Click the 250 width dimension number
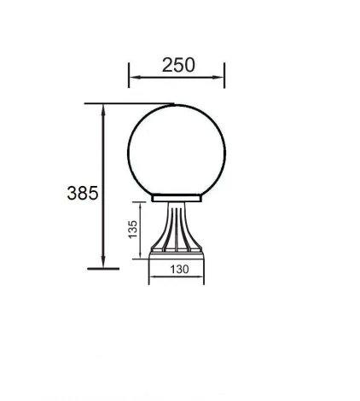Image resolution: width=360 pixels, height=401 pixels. [177, 65]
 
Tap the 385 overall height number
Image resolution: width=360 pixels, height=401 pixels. [82, 193]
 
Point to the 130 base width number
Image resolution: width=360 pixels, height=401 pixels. [177, 269]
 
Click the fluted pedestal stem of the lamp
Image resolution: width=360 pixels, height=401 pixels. [177, 226]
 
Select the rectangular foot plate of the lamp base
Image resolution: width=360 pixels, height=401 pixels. [177, 253]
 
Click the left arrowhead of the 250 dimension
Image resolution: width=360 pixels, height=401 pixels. [132, 78]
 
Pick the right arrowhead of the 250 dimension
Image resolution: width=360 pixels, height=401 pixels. [221, 78]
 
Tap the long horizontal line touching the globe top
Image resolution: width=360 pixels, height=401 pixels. [128, 104]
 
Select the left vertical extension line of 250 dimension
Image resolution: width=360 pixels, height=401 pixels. [129, 75]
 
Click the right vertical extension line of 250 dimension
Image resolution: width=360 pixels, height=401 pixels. [224, 75]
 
